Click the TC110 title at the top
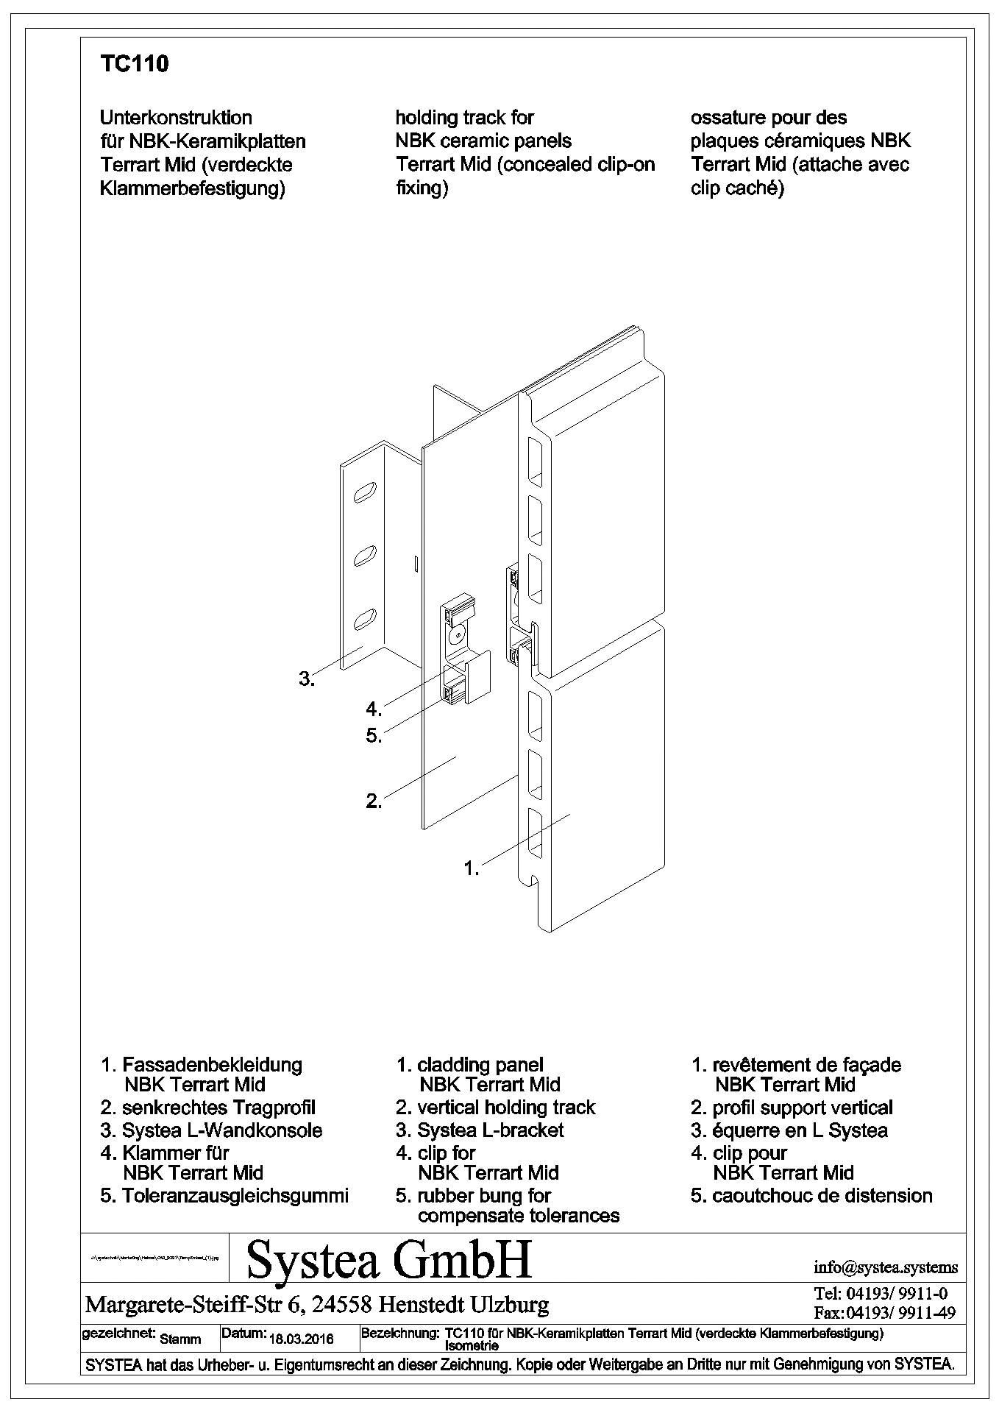point(134,65)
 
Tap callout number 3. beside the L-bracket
point(306,679)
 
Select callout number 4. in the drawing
point(374,709)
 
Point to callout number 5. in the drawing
point(374,734)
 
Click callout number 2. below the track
point(374,801)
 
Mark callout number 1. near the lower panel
point(472,868)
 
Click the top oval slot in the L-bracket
point(366,492)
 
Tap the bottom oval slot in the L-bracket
point(365,618)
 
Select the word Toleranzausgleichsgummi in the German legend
point(235,1196)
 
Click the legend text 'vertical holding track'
point(506,1108)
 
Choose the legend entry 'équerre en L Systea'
point(800,1130)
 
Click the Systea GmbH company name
point(389,1260)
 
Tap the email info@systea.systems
point(886,1267)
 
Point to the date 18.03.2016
point(302,1339)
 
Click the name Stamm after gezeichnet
point(180,1339)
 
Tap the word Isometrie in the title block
point(472,1345)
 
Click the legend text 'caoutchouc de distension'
point(822,1196)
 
